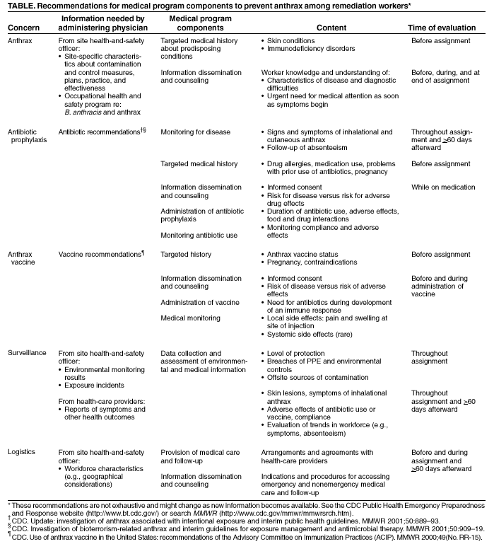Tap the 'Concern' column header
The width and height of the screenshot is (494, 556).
pos(24,28)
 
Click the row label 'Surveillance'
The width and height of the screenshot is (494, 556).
pos(28,352)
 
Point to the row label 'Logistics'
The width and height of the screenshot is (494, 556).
pos(22,451)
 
